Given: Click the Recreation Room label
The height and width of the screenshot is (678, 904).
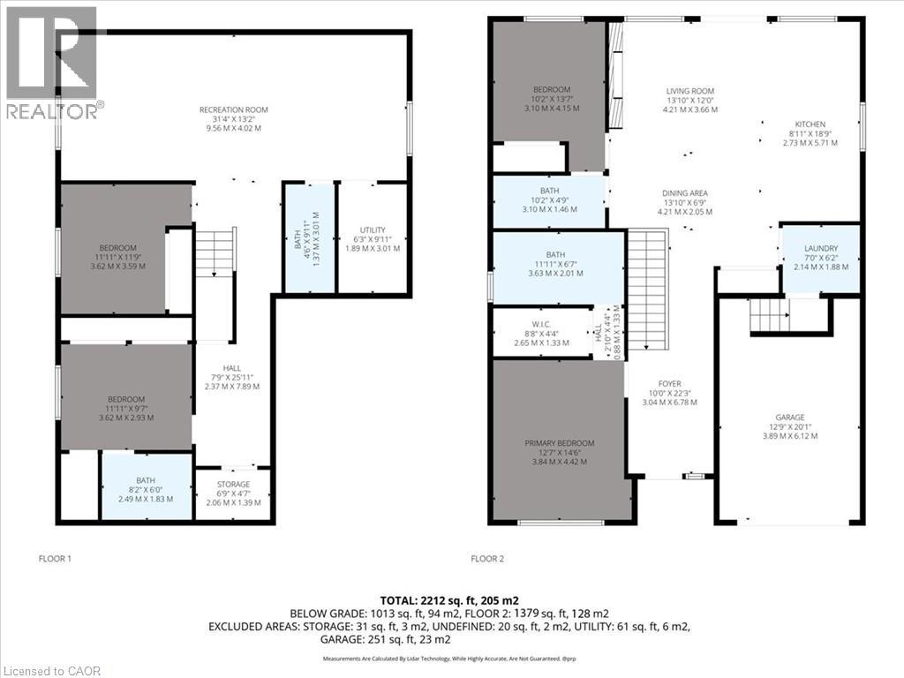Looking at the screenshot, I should coord(233,110).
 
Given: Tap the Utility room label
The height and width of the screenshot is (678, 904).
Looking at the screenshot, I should coord(373,230).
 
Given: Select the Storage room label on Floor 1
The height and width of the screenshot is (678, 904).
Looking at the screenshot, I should coord(233,484).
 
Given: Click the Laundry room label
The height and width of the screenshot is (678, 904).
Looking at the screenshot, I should coord(821,250).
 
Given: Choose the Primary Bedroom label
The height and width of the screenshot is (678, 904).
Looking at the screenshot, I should coord(559,443).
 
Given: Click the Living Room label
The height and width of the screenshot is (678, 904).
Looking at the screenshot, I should coord(689,91).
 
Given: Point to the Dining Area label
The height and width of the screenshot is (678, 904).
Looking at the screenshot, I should coord(686,193).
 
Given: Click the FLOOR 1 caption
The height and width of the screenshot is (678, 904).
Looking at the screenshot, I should coord(54,559).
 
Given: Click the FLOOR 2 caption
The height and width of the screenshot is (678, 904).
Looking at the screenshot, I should coord(486,559).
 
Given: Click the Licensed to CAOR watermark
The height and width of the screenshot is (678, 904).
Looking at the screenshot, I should coord(51,669).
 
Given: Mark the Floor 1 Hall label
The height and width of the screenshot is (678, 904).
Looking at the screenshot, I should coord(231,368).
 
